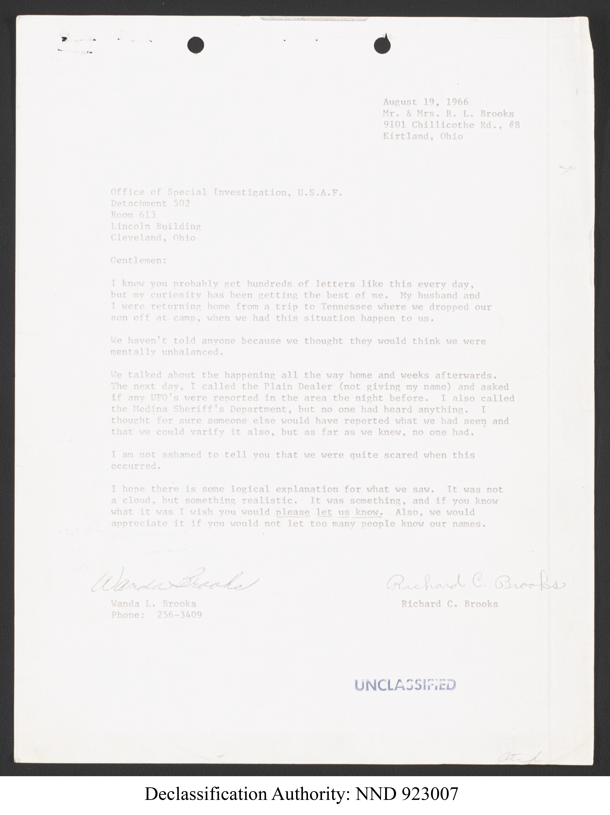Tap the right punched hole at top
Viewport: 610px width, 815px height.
point(382,46)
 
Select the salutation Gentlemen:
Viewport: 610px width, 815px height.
point(139,261)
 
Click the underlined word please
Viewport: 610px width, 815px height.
point(293,512)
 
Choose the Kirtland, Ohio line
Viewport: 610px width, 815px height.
point(423,136)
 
